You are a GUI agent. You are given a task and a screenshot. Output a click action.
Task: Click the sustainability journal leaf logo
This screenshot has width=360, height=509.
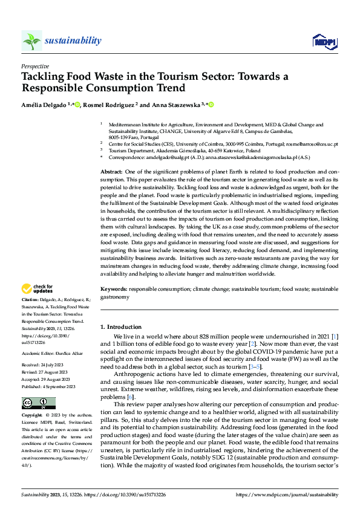[x=31, y=41]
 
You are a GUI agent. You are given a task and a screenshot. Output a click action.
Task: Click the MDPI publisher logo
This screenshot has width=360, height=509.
[x=323, y=41]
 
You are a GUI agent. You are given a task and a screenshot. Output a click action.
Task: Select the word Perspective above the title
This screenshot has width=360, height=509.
[x=35, y=66]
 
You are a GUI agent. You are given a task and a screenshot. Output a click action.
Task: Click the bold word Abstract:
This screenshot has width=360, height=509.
[x=111, y=172]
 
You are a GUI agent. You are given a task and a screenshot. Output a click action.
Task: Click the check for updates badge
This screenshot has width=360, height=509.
[x=38, y=289]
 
